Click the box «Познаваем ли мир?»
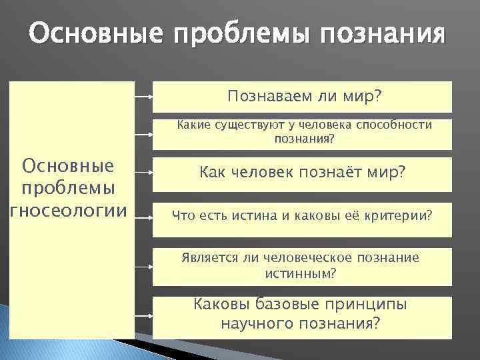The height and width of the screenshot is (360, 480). pyautogui.click(x=303, y=97)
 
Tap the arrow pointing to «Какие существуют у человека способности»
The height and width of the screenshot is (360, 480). pyautogui.click(x=143, y=134)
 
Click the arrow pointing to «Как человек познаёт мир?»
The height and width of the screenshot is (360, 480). pyautogui.click(x=143, y=175)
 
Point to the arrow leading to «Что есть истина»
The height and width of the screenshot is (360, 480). pyautogui.click(x=143, y=215)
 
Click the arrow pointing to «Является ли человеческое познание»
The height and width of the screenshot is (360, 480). pyautogui.click(x=143, y=265)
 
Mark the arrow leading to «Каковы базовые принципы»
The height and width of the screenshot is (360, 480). pyautogui.click(x=143, y=314)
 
